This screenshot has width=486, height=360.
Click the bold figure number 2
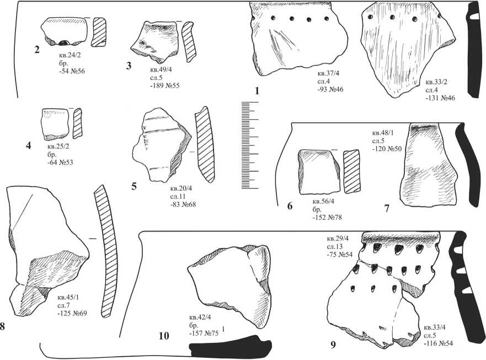click(x=37, y=50)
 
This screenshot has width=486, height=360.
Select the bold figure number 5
click(x=134, y=186)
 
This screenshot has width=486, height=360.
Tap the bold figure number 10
click(x=164, y=336)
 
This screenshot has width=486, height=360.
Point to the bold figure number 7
click(x=387, y=208)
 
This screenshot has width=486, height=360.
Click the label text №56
click(x=77, y=71)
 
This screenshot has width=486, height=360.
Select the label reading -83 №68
click(x=183, y=204)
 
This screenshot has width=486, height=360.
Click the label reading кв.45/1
click(x=68, y=298)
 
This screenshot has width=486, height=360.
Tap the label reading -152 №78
click(x=327, y=217)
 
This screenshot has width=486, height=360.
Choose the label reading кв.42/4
click(x=200, y=317)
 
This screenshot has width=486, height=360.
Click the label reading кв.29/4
click(x=338, y=239)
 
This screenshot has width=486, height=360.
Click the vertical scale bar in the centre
click(x=250, y=145)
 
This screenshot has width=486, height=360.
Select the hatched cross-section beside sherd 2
click(x=99, y=32)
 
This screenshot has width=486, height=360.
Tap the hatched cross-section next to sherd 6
click(x=351, y=171)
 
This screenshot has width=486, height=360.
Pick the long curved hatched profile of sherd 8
click(x=106, y=251)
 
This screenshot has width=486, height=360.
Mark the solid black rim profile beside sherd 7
click(x=468, y=164)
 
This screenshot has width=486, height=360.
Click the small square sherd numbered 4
click(x=55, y=124)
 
